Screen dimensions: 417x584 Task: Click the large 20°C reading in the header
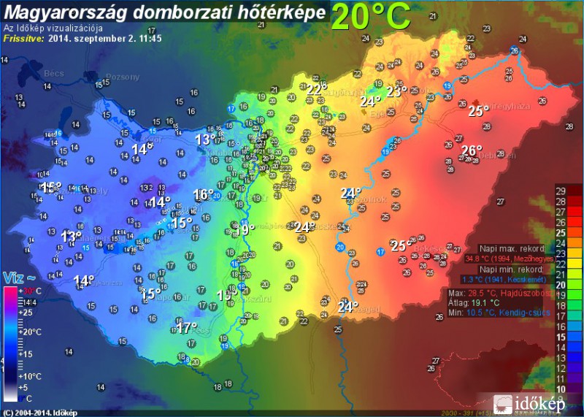(x=370, y=16)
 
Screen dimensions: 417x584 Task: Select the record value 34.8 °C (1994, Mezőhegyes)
(x=508, y=259)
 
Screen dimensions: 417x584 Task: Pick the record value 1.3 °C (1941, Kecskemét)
(x=507, y=279)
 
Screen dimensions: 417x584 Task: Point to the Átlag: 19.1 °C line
(x=475, y=302)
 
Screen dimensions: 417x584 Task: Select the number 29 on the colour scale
(x=561, y=191)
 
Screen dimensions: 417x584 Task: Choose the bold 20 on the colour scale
(x=561, y=285)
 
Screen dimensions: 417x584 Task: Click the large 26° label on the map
(x=472, y=151)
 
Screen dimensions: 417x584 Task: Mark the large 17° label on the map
(x=188, y=327)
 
